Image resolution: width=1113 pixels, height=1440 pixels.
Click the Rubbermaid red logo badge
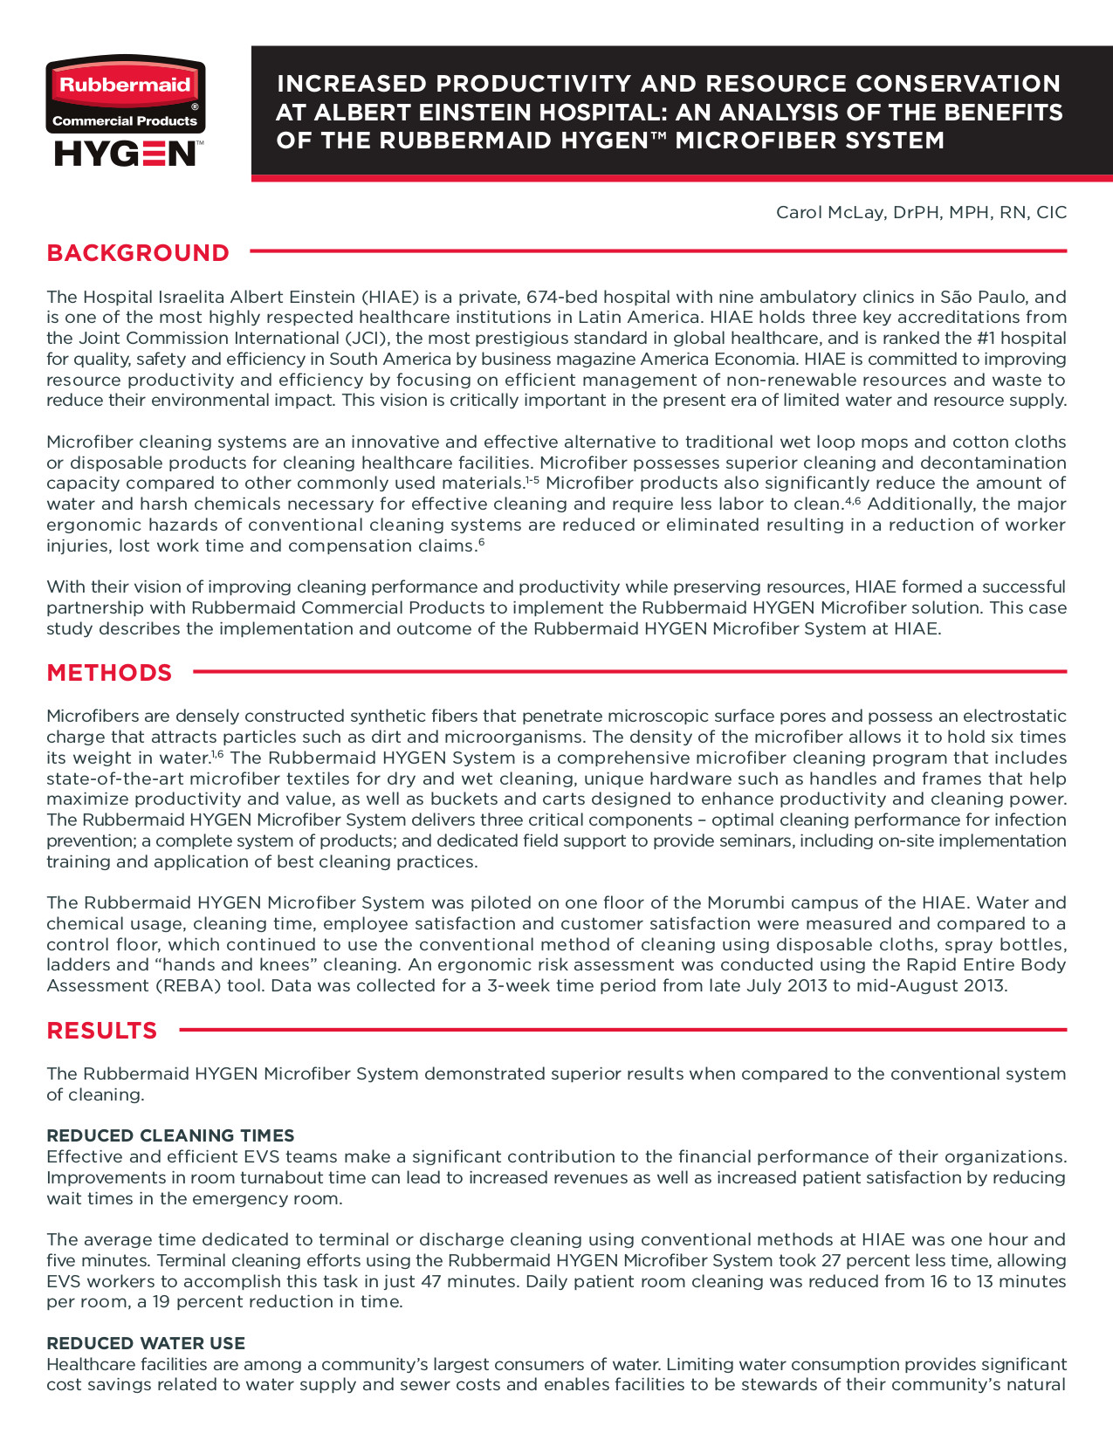125,86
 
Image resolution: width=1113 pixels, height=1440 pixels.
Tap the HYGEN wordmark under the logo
125,154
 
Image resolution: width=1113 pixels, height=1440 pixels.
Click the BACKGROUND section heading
138,253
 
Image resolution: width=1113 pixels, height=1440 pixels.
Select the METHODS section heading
109,673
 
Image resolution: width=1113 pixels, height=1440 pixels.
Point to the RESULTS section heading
102,1031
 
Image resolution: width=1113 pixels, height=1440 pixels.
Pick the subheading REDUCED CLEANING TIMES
170,1135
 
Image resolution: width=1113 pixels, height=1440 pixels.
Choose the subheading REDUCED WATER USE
146,1343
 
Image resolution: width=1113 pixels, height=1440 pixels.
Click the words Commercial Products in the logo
125,121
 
